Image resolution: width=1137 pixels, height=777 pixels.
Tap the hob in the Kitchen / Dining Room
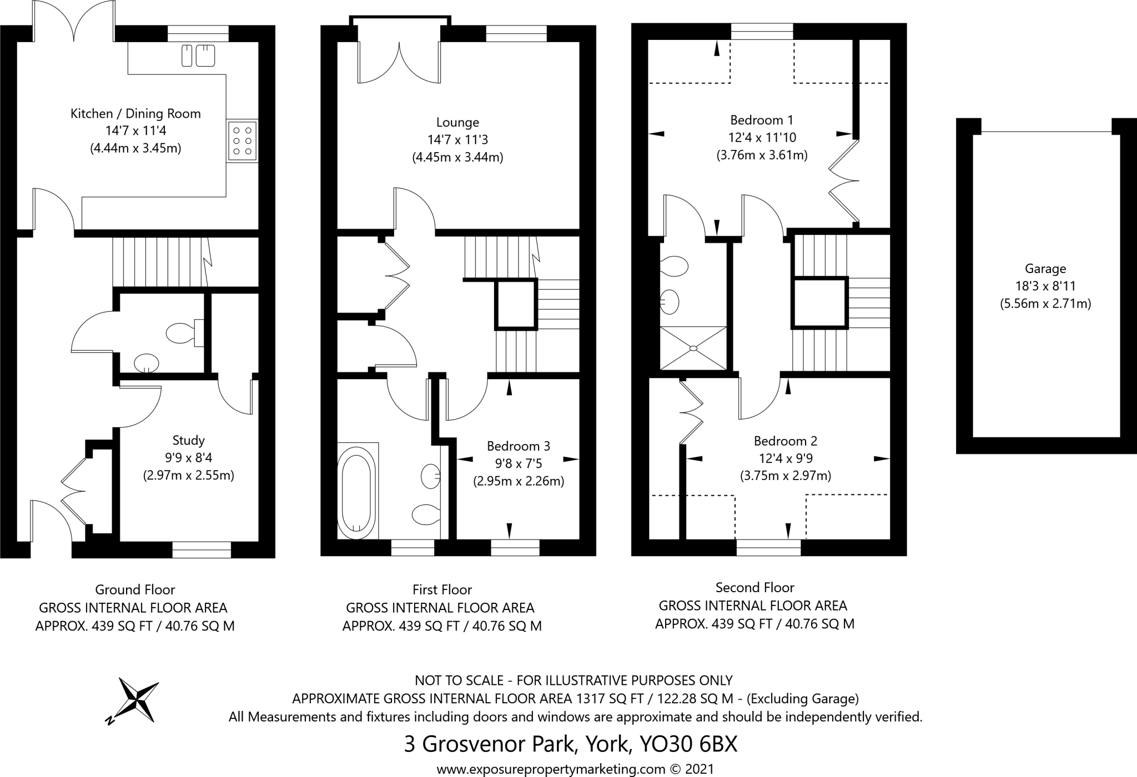point(242,140)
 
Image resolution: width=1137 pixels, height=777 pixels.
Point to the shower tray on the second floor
point(693,348)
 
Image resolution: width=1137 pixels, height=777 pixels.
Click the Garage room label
point(1045,269)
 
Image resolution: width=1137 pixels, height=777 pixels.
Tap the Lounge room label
point(457,122)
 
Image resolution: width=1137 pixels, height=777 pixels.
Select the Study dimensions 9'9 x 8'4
point(188,458)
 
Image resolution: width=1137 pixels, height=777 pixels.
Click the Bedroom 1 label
point(761,120)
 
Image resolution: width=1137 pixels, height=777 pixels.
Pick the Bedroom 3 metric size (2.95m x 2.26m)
point(518,481)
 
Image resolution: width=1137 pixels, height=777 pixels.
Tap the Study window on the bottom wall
point(202,549)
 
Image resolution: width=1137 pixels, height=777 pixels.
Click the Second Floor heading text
point(754,587)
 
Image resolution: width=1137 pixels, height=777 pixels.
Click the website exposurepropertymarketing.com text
point(551,769)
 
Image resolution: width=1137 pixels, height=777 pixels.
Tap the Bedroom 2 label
point(785,441)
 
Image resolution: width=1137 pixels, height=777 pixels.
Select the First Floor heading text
point(442,589)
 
